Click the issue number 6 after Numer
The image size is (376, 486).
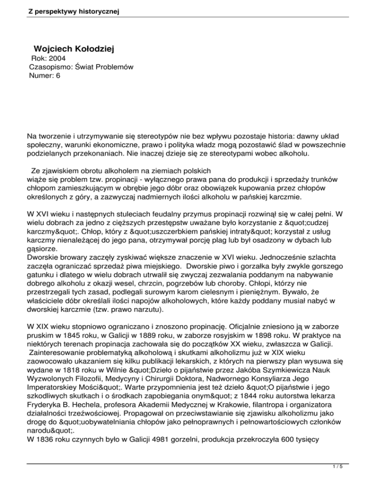click(x=58, y=76)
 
